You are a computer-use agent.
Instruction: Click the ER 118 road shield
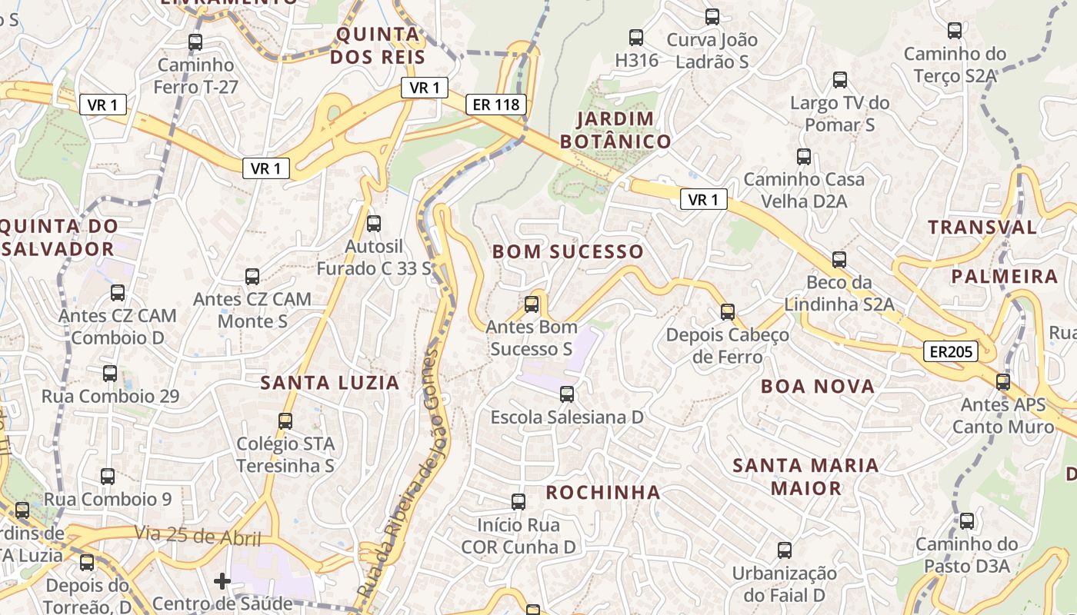click(495, 105)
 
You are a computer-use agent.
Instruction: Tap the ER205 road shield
click(951, 352)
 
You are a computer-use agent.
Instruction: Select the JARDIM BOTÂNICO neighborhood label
click(615, 130)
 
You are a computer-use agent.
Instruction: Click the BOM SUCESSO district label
click(568, 251)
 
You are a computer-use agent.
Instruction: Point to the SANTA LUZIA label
click(330, 382)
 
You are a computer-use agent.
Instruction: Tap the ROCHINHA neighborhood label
click(603, 492)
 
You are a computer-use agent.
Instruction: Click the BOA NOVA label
click(818, 386)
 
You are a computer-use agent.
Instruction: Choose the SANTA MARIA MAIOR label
click(805, 477)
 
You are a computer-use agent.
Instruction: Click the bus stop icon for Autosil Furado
click(374, 224)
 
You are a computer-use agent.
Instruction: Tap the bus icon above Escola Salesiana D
click(567, 394)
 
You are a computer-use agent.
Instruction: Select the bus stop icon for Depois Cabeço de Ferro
click(728, 312)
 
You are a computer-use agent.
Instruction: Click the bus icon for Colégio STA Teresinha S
click(285, 421)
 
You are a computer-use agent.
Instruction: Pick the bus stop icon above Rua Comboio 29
click(110, 374)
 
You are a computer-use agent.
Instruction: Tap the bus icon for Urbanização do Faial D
click(784, 550)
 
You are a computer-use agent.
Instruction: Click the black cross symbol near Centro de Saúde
click(222, 581)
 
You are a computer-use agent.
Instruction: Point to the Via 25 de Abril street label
click(198, 535)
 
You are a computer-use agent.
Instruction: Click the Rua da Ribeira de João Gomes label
click(409, 473)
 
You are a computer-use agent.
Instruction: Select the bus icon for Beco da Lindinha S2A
click(839, 260)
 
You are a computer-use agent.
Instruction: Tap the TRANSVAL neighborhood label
click(982, 227)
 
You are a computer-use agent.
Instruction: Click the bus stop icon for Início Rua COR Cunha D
click(518, 502)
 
